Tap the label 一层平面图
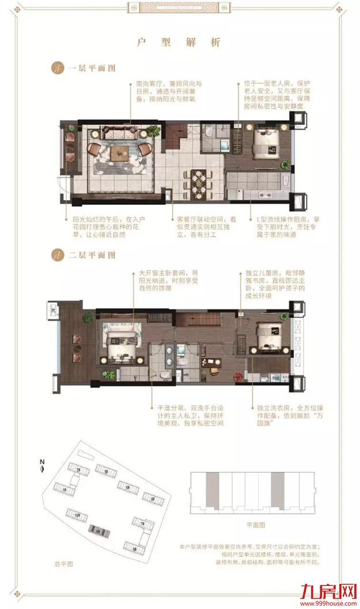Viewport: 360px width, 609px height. pyautogui.click(x=92, y=68)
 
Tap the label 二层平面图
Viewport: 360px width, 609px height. pyautogui.click(x=92, y=254)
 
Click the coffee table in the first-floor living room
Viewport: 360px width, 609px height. pyautogui.click(x=120, y=151)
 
